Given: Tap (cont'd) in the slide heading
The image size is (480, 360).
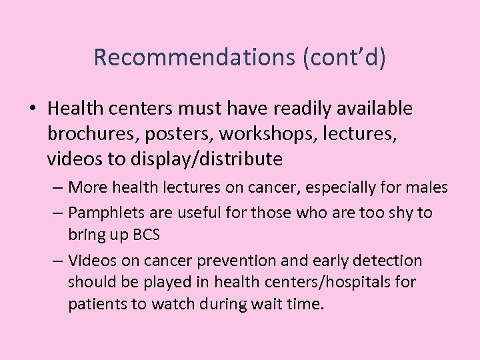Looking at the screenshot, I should pos(344,57).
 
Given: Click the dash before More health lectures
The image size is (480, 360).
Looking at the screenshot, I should pos(57,188).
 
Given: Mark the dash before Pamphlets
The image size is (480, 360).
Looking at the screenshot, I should pos(57,213).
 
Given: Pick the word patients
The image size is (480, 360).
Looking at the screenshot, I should pos(94,304).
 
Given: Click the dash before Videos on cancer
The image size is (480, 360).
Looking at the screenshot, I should pos(57,260).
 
